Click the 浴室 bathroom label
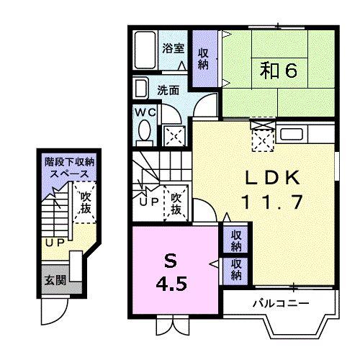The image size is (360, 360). click(173, 49)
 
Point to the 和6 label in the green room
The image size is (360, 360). click(273, 71)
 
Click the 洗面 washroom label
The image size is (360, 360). click(168, 91)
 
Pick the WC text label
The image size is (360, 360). click(144, 113)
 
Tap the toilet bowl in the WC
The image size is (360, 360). click(144, 132)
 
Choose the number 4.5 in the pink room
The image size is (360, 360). click(173, 283)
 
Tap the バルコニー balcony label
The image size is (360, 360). click(281, 303)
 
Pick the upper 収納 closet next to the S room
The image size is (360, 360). click(236, 240)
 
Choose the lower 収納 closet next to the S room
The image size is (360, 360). click(236, 270)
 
